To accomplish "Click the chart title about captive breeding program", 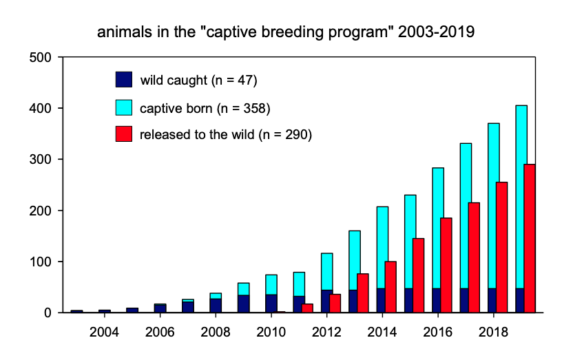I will [286, 32].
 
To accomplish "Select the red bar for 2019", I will [529, 238].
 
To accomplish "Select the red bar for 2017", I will [473, 257].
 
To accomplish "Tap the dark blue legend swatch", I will [124, 79].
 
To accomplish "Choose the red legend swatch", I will [124, 134].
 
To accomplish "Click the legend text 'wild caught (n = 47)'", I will [198, 80].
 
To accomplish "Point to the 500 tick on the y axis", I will [43, 57].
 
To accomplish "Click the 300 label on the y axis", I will [43, 159].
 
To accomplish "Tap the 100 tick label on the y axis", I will [43, 262].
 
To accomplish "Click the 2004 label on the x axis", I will [104, 332].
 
